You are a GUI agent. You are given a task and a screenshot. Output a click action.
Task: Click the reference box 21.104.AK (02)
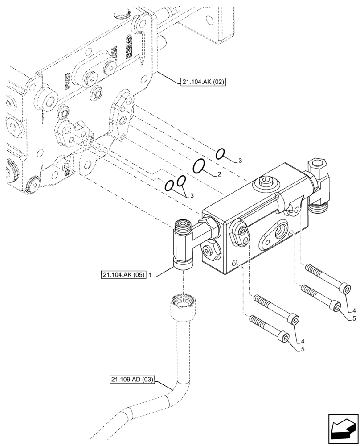(x=204, y=82)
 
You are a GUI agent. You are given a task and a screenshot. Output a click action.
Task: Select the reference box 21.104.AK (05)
(x=123, y=276)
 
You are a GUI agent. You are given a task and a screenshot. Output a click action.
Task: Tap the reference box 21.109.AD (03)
(x=132, y=380)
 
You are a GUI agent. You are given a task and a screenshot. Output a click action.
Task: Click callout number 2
(x=219, y=174)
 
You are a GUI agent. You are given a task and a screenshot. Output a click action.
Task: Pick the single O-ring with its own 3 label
(x=220, y=154)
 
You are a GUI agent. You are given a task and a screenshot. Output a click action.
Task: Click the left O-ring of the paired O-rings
(x=169, y=186)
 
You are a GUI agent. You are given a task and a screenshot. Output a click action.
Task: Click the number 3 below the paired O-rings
(x=192, y=195)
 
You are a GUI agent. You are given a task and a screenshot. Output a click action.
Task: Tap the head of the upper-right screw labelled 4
(x=347, y=290)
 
